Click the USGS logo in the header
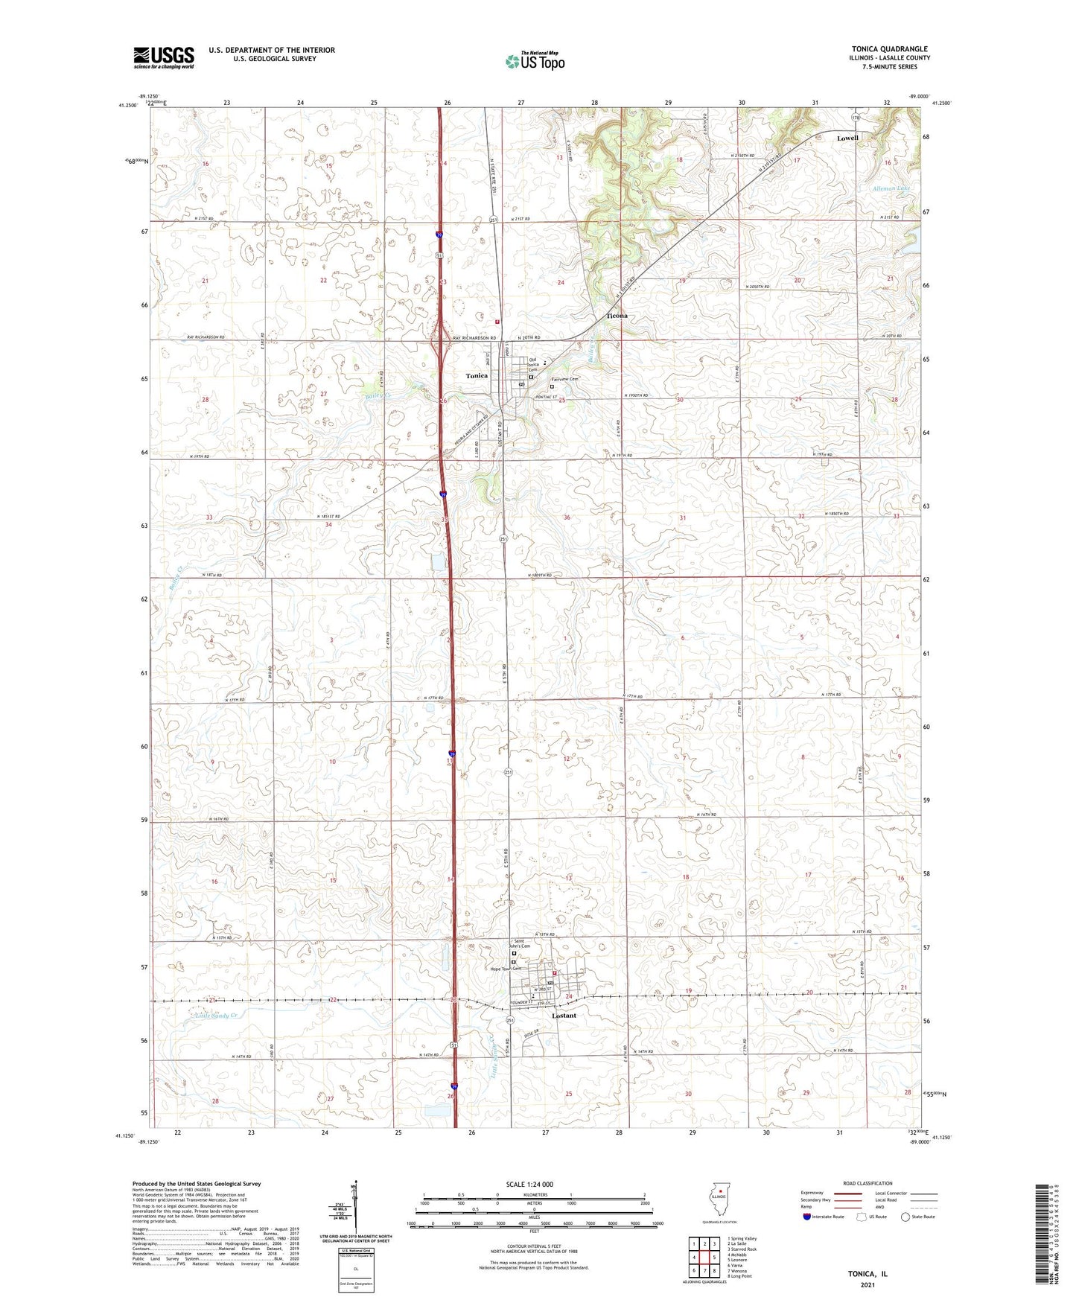(x=164, y=57)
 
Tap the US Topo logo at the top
(x=534, y=61)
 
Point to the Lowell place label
(x=847, y=138)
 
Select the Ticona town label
(x=617, y=316)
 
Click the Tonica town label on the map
(x=477, y=375)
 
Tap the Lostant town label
(x=564, y=1016)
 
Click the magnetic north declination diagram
(x=355, y=1210)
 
